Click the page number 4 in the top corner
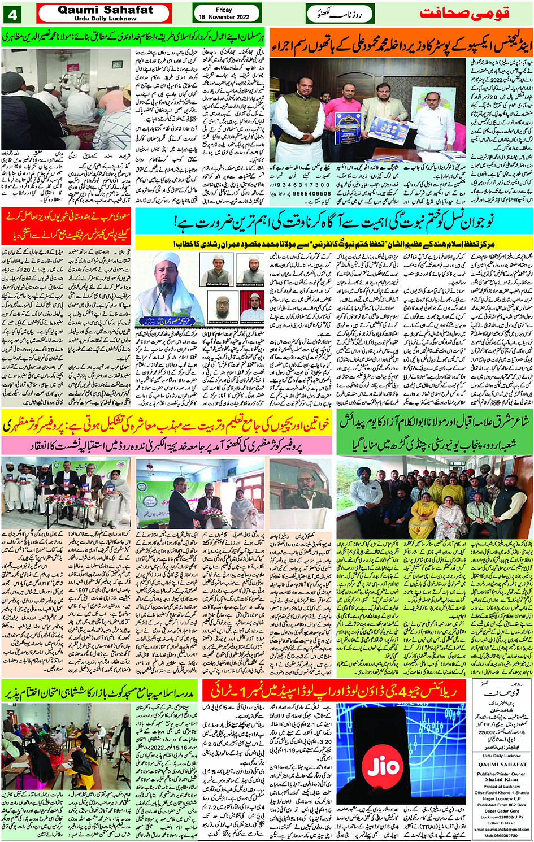click(12, 14)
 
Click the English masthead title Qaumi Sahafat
click(105, 10)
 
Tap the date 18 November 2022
click(224, 18)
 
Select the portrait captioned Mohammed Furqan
click(218, 270)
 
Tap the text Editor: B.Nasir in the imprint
click(501, 823)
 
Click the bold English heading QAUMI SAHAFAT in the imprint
click(501, 764)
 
